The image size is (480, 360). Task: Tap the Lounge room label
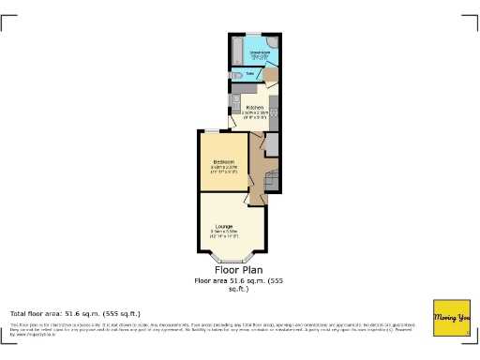pos(224,226)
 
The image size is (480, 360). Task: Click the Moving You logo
pos(451,318)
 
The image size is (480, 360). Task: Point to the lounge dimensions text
pos(224,234)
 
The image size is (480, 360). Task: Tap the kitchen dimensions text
pos(252,115)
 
